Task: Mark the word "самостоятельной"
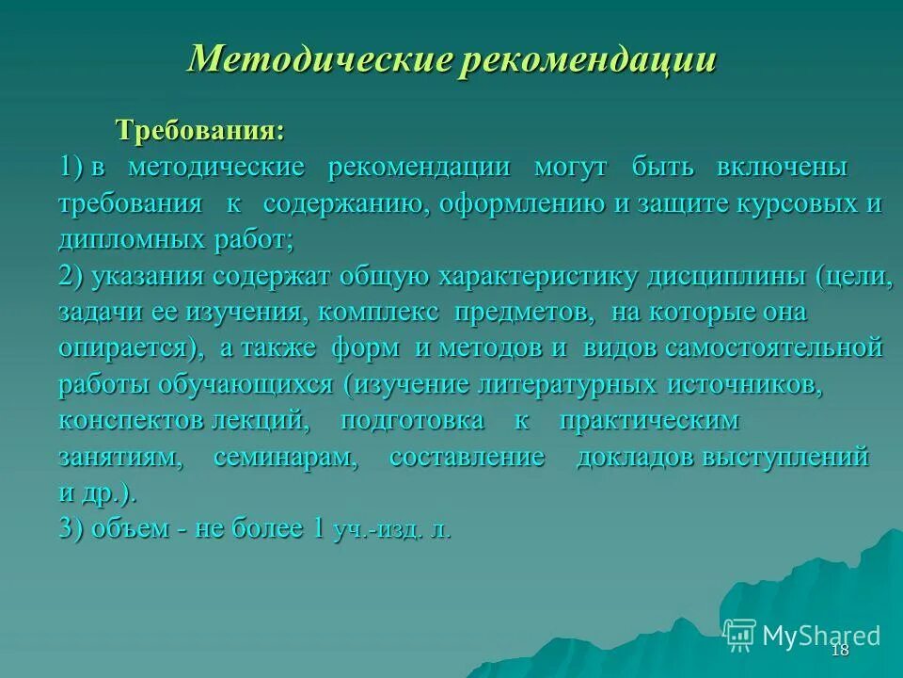pos(774,347)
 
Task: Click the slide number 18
pos(840,651)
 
